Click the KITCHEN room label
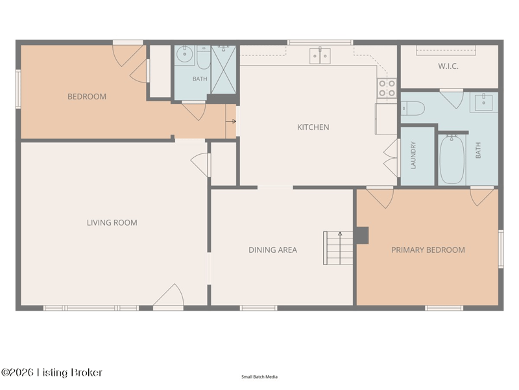pyautogui.click(x=313, y=127)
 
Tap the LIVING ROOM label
pyautogui.click(x=112, y=222)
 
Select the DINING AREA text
pyautogui.click(x=272, y=250)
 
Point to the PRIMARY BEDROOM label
pyautogui.click(x=428, y=250)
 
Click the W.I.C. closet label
pyautogui.click(x=448, y=66)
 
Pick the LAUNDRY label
pyautogui.click(x=413, y=155)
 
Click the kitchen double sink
pyautogui.click(x=320, y=55)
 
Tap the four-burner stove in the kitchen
pyautogui.click(x=387, y=88)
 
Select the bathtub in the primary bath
pyautogui.click(x=452, y=160)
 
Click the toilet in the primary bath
pyautogui.click(x=413, y=109)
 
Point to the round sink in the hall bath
pyautogui.click(x=184, y=55)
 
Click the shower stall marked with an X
pyautogui.click(x=223, y=70)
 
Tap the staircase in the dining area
pyautogui.click(x=338, y=248)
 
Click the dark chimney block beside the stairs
pyautogui.click(x=362, y=235)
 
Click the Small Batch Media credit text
pyautogui.click(x=259, y=377)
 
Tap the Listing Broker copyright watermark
pyautogui.click(x=52, y=372)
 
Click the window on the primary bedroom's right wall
pyautogui.click(x=501, y=249)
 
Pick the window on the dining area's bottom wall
pyautogui.click(x=258, y=308)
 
